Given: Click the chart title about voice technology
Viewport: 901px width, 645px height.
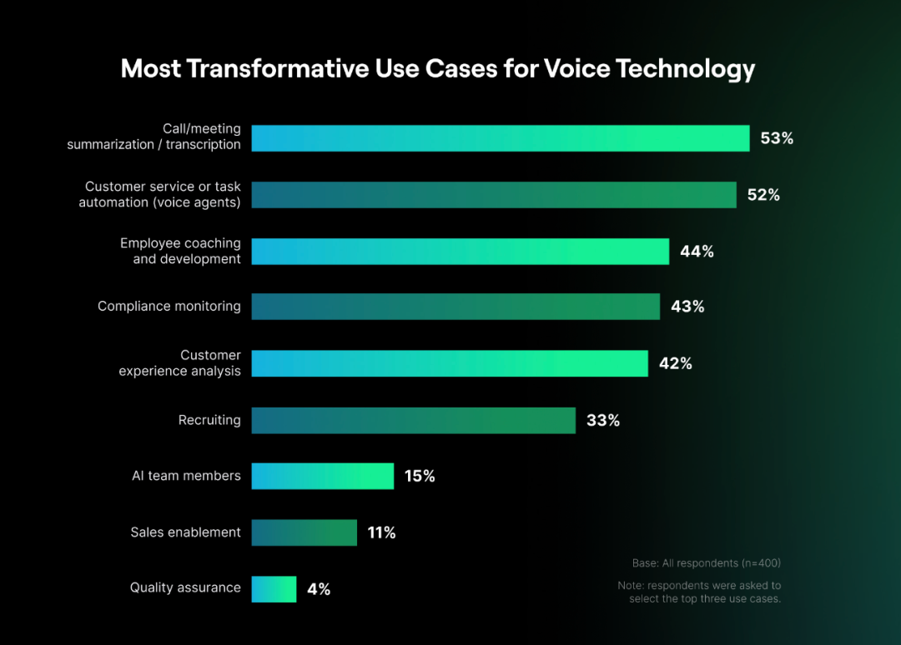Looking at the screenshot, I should coord(438,68).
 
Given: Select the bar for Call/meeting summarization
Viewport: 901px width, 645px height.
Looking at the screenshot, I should coord(501,138).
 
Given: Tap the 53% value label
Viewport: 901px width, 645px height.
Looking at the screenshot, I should coord(777,138).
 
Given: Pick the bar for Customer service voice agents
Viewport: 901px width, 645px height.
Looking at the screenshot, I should coord(494,195).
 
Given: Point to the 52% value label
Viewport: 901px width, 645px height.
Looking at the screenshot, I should coord(763,195).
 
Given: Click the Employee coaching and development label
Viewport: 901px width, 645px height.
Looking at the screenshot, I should coord(180,251).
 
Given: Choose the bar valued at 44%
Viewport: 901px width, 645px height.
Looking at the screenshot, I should coord(461,251).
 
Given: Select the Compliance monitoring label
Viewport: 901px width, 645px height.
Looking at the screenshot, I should coord(169,307).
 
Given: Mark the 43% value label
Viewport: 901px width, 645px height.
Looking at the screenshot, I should coord(687,307).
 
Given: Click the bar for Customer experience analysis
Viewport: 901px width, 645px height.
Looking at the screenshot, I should coord(450,363).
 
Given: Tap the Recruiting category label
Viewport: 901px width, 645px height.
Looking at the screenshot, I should coord(209,420).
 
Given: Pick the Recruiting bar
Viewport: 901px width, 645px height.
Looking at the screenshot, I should coord(414,420).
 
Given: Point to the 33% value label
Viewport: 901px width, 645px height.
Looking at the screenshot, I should coord(603,420).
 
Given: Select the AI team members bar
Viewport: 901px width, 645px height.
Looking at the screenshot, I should coord(323,476).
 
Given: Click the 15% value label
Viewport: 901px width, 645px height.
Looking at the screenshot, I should coord(420,476).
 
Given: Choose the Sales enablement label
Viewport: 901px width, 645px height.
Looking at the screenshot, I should coord(185,532).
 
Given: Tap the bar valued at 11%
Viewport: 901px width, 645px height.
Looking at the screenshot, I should coord(305,532).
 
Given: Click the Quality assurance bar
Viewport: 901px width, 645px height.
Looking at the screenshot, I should coord(274,588).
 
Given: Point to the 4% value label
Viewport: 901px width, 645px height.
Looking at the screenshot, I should coord(319,589).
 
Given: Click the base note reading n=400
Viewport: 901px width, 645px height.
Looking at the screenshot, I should coord(706,562).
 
